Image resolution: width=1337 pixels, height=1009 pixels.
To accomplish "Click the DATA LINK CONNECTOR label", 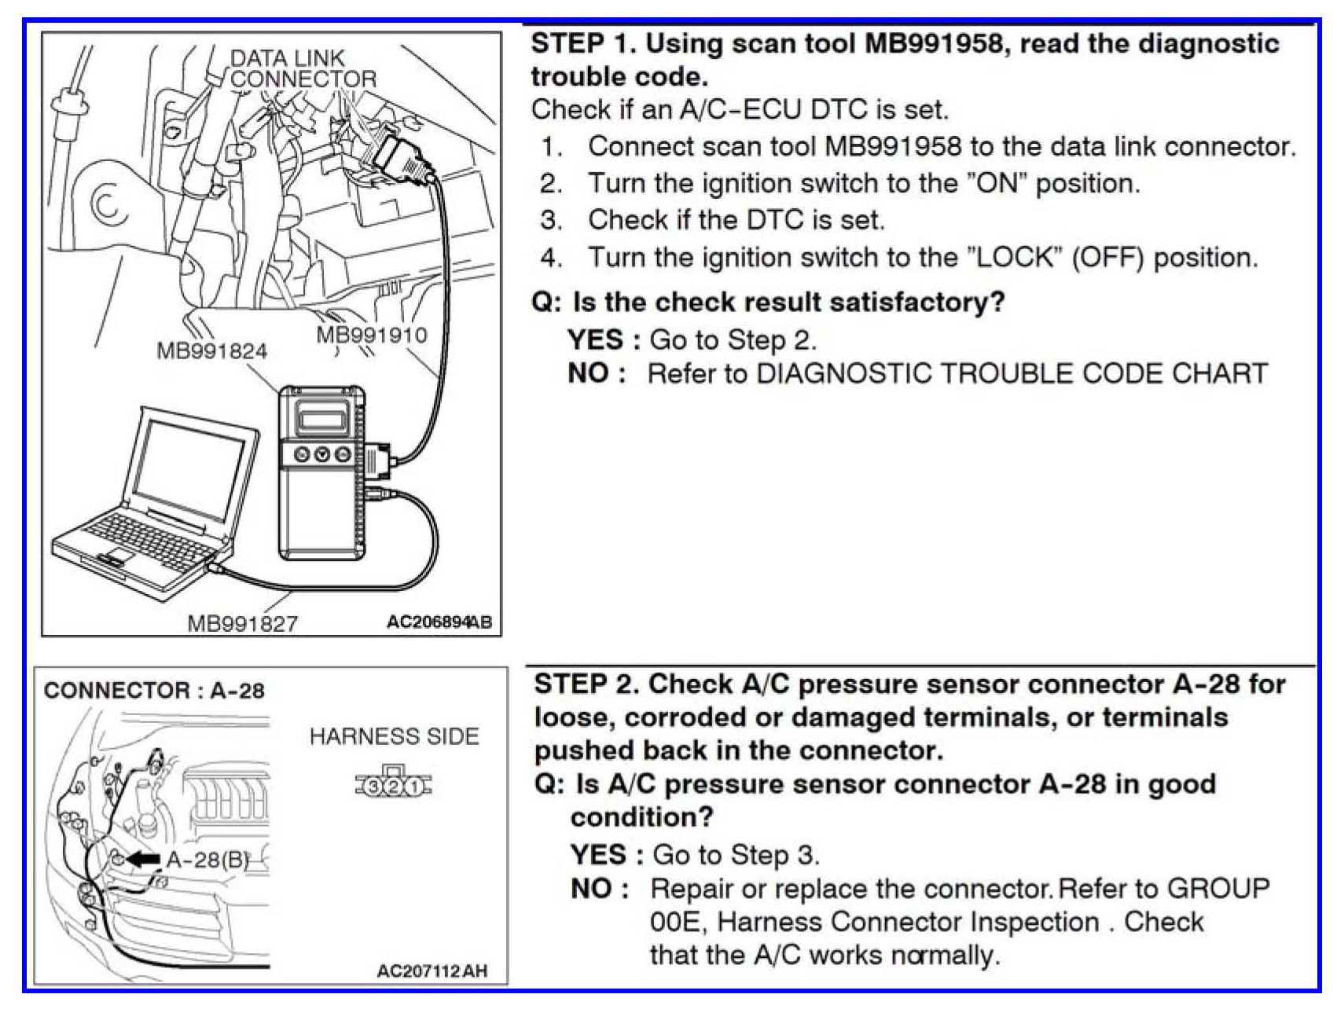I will (x=303, y=68).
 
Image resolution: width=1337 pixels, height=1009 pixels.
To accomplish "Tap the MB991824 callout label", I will (x=211, y=350).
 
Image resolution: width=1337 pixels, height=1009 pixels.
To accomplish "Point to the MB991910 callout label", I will (x=371, y=335).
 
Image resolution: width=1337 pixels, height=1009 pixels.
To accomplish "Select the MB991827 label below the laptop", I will (x=242, y=623).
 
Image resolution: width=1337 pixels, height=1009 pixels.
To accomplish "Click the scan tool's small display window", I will (x=325, y=414).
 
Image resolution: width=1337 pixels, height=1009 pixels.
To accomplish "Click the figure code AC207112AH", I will (x=432, y=971).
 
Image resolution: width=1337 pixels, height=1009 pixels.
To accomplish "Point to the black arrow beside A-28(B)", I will (x=144, y=859).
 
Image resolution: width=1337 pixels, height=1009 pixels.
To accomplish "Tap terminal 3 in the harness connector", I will (x=375, y=786).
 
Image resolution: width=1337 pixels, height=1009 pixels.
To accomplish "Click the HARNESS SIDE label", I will (x=394, y=736).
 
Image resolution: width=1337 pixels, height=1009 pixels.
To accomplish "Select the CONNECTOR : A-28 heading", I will (x=154, y=691).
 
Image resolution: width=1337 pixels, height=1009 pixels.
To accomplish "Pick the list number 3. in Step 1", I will (x=551, y=220).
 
